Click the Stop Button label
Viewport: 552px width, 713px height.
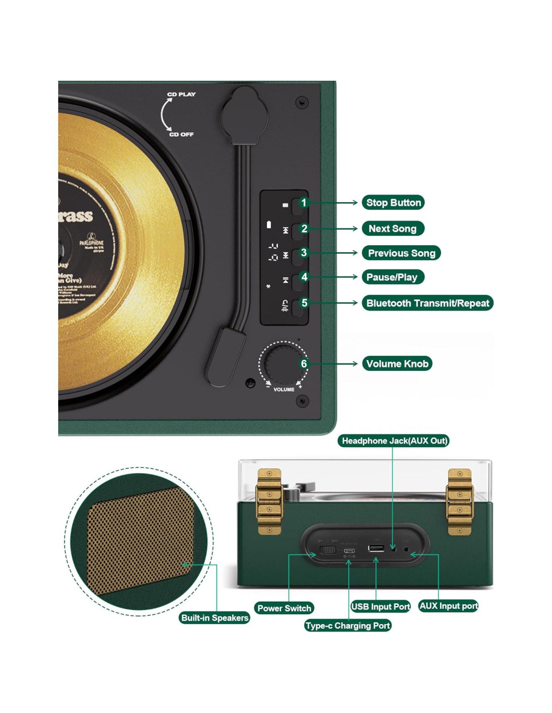393,203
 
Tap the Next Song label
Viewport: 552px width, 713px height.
392,229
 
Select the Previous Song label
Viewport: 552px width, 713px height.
401,253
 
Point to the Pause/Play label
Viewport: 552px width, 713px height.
392,277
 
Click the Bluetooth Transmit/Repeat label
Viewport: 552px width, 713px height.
428,303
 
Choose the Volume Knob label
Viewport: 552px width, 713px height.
397,364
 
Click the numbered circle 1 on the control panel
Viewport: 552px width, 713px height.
304,203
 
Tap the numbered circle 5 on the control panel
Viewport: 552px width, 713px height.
304,303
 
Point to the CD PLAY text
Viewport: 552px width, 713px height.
182,94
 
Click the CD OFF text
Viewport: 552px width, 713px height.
181,134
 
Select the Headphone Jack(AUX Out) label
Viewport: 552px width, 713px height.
394,441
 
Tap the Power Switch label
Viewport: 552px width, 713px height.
284,608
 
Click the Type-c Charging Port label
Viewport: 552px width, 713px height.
347,626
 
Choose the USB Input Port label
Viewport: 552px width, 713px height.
380,607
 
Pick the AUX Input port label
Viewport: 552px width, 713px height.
448,606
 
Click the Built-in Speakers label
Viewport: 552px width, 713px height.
215,618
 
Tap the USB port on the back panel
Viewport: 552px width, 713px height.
376,548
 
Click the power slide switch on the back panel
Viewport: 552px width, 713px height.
328,550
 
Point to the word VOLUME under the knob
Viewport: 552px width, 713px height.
284,390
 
